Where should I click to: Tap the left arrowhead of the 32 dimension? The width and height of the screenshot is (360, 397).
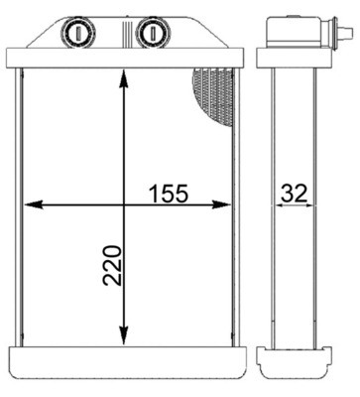click(269, 205)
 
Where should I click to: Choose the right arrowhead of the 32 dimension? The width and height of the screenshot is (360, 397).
click(313, 205)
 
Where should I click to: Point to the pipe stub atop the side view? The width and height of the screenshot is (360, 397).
click(288, 31)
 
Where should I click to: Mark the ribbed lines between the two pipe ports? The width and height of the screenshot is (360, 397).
click(114, 31)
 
